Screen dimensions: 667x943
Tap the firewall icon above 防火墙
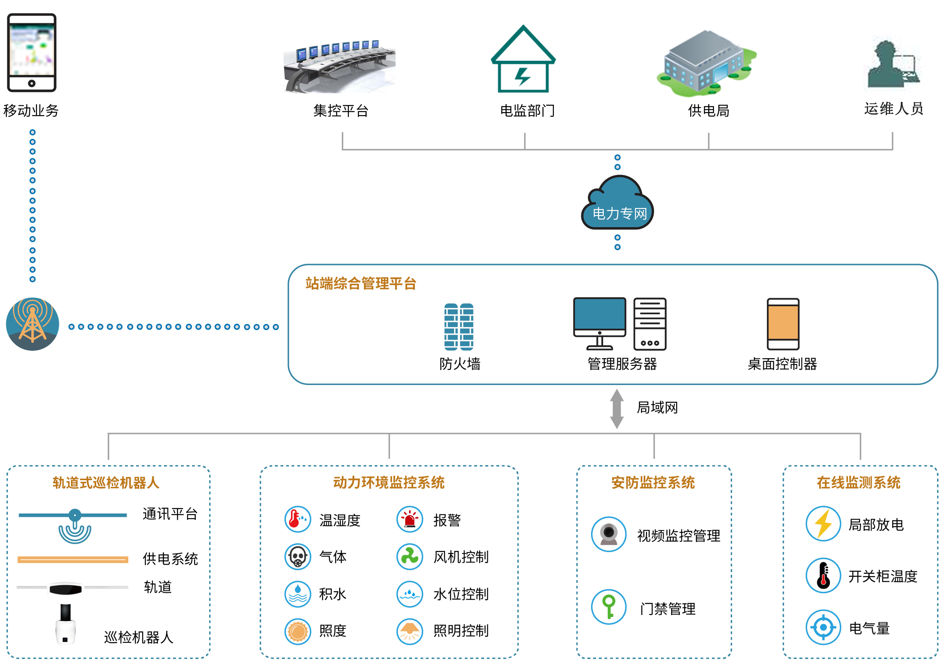459,327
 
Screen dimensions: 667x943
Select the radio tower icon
33,324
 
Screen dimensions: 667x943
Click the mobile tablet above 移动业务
32,53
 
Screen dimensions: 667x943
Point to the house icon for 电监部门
523,61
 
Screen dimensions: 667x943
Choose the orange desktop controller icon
783,324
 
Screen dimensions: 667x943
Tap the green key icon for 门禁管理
609,607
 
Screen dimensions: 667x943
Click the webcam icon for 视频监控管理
609,534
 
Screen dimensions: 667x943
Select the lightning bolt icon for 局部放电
823,524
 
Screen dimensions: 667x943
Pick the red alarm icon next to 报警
410,519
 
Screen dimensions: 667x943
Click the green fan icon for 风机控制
410,557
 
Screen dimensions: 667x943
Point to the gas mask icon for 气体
297,557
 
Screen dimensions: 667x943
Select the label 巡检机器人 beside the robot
138,637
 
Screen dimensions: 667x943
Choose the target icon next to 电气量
823,627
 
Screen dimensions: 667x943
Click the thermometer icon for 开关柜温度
823,575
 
